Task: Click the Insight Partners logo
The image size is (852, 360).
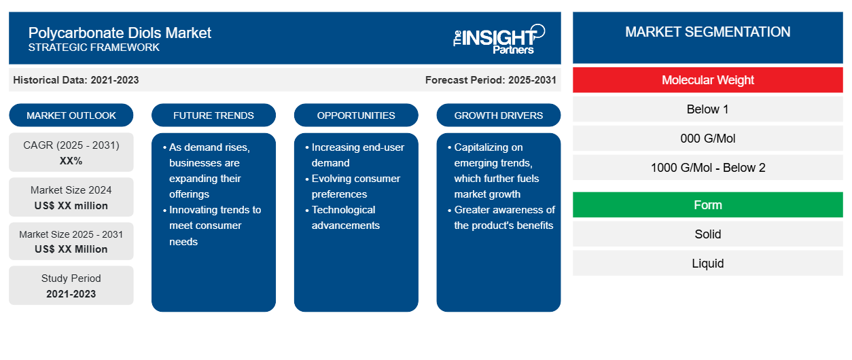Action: pyautogui.click(x=499, y=39)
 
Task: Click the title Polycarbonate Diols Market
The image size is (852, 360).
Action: pyautogui.click(x=120, y=33)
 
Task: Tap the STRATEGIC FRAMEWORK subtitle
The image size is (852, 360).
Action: pyautogui.click(x=94, y=48)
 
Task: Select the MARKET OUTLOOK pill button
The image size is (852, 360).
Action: pyautogui.click(x=71, y=115)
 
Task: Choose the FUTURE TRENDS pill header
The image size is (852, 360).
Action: pyautogui.click(x=213, y=115)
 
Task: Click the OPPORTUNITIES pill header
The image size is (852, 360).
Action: pyautogui.click(x=356, y=115)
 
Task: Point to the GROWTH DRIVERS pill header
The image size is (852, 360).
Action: pyautogui.click(x=498, y=115)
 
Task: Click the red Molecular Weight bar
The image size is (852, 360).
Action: pyautogui.click(x=708, y=80)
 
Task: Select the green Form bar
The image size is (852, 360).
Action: pyautogui.click(x=708, y=205)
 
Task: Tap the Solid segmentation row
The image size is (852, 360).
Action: pyautogui.click(x=708, y=234)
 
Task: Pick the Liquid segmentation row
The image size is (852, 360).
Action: pyautogui.click(x=708, y=263)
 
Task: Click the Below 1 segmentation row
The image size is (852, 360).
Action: pyautogui.click(x=708, y=109)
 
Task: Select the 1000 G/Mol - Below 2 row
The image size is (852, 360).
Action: pyautogui.click(x=708, y=168)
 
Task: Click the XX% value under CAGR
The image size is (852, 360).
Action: pyautogui.click(x=71, y=161)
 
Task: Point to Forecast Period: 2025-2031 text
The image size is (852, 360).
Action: pyautogui.click(x=491, y=80)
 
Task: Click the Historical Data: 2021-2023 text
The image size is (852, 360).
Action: pyautogui.click(x=76, y=80)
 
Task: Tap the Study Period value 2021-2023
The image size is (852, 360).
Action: pyautogui.click(x=71, y=294)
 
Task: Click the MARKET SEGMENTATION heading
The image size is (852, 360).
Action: pyautogui.click(x=708, y=32)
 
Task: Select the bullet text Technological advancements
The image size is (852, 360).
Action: pyautogui.click(x=345, y=217)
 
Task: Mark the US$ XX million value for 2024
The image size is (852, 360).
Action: pyautogui.click(x=71, y=206)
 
